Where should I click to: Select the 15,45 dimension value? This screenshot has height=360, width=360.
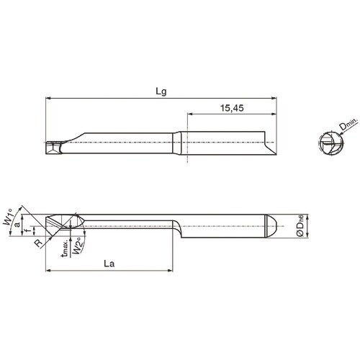(x=230, y=107)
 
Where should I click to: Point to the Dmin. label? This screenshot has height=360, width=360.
(x=348, y=127)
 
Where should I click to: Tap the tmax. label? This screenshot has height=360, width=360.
(x=65, y=248)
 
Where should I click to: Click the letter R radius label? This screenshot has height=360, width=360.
(x=37, y=243)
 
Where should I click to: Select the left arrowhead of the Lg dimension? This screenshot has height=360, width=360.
(x=49, y=99)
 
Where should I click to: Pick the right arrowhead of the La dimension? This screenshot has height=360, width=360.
(x=171, y=271)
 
